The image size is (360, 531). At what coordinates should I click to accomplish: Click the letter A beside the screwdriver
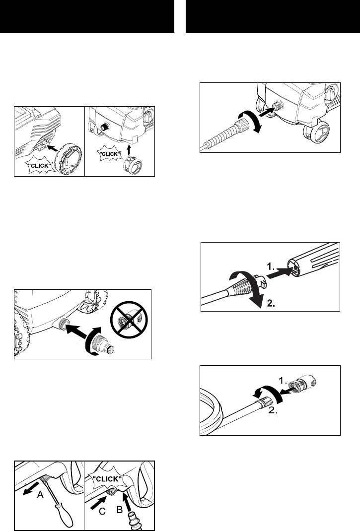pyautogui.click(x=40, y=495)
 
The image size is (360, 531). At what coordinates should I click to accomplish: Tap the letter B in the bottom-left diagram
pyautogui.click(x=119, y=509)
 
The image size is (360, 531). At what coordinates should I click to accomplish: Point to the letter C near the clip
pyautogui.click(x=102, y=511)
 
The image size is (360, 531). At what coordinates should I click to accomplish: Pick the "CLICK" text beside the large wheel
pyautogui.click(x=40, y=166)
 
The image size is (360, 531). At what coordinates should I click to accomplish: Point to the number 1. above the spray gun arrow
pyautogui.click(x=271, y=266)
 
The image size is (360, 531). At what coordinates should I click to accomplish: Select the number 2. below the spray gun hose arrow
pyautogui.click(x=271, y=303)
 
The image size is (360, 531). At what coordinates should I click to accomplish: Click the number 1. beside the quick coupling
pyautogui.click(x=283, y=380)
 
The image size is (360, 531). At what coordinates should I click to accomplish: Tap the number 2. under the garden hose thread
pyautogui.click(x=273, y=412)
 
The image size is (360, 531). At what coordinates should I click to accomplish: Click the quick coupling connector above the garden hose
pyautogui.click(x=304, y=383)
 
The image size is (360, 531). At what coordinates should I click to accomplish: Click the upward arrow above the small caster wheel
pyautogui.click(x=129, y=150)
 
